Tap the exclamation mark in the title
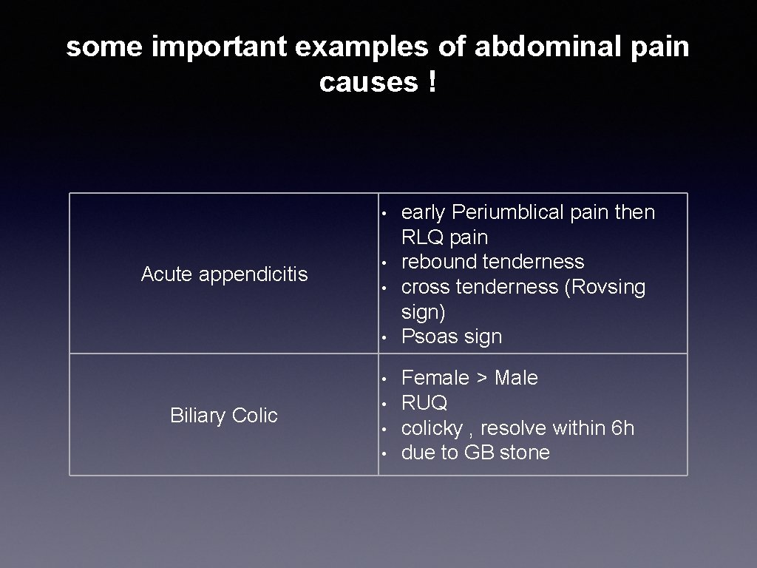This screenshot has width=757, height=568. pyautogui.click(x=431, y=83)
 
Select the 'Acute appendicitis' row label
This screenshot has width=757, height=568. pyautogui.click(x=224, y=274)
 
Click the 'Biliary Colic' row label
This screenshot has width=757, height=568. pyautogui.click(x=224, y=416)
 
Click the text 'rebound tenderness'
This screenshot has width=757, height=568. pyautogui.click(x=492, y=262)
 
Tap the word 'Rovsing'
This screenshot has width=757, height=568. pyautogui.click(x=605, y=287)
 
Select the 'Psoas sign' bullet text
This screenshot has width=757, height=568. pyautogui.click(x=451, y=337)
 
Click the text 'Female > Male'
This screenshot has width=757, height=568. pyautogui.click(x=469, y=378)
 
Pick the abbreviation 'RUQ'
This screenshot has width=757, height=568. pyautogui.click(x=424, y=403)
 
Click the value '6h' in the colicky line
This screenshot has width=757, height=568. pyautogui.click(x=622, y=428)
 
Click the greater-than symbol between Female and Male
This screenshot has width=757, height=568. pyautogui.click(x=481, y=379)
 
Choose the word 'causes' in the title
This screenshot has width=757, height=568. pyautogui.click(x=368, y=83)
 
